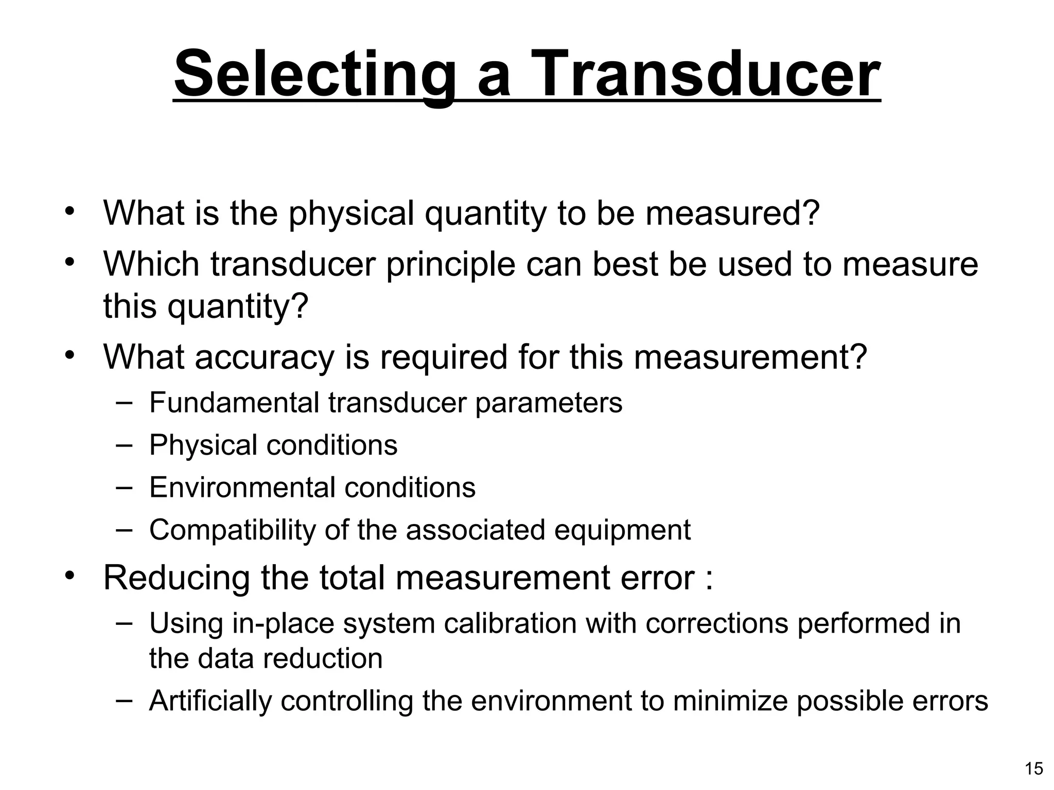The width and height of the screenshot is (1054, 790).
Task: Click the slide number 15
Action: [1034, 768]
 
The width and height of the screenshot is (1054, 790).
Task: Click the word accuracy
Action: [265, 357]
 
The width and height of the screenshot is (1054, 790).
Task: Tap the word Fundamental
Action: [234, 402]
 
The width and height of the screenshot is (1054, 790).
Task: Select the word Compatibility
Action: [232, 530]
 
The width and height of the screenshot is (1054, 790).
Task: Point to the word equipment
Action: [622, 530]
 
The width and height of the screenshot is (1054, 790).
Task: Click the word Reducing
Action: [177, 578]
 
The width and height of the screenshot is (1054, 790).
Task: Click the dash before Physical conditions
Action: [124, 444]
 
